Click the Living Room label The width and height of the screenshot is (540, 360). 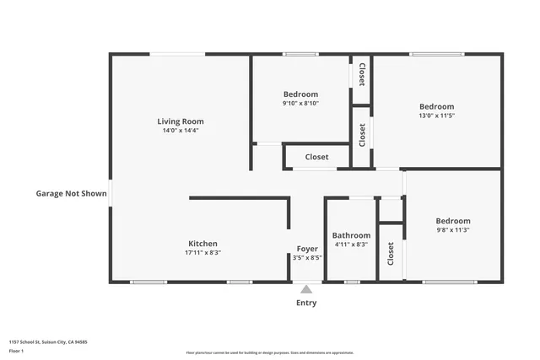[x=181, y=121]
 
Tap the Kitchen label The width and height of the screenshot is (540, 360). [x=202, y=244]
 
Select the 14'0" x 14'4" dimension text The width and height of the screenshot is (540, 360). [x=181, y=132]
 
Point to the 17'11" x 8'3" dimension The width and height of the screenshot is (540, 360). [x=202, y=253]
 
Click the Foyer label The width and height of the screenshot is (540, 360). [x=307, y=249]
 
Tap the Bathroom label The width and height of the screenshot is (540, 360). [x=351, y=235]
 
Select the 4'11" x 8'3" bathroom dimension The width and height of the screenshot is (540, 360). [x=351, y=244]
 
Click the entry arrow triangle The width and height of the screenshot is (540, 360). [x=306, y=289]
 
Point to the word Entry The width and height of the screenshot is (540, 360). [x=306, y=303]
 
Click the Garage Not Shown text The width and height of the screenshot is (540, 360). [x=71, y=193]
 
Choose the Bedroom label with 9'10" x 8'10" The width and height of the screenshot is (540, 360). [x=300, y=94]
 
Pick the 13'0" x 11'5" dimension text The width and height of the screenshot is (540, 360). [x=436, y=116]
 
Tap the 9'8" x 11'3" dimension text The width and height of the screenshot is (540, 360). [x=453, y=230]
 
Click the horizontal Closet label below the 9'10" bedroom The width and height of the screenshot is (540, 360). [x=316, y=157]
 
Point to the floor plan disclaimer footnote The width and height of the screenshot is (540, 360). [x=270, y=352]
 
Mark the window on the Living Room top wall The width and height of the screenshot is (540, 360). [x=177, y=55]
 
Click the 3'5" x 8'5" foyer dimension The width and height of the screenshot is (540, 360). [x=307, y=259]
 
